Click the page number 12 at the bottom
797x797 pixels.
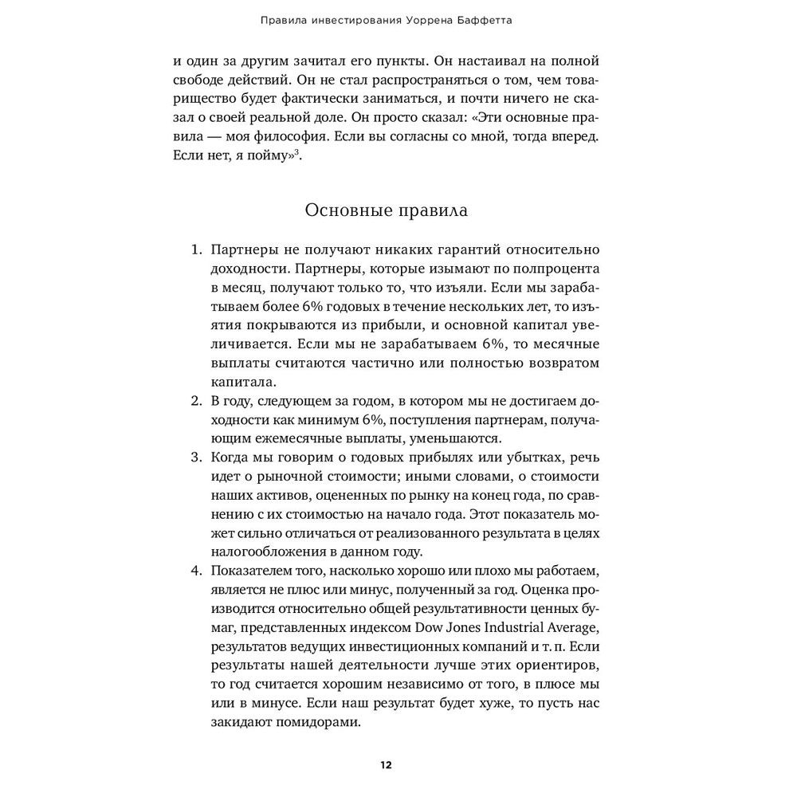click(386, 765)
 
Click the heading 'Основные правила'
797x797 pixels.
click(387, 211)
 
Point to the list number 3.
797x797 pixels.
click(196, 458)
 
